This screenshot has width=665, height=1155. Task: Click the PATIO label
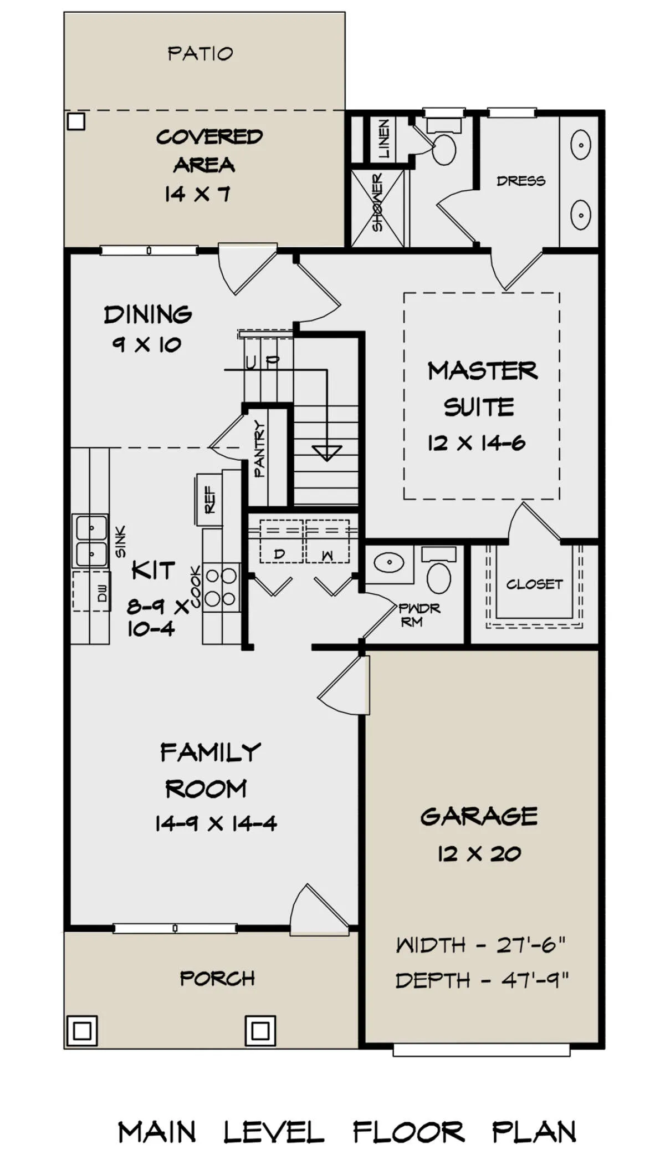tap(200, 53)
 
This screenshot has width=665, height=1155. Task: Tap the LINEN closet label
tap(383, 138)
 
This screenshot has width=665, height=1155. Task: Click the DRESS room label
tap(520, 181)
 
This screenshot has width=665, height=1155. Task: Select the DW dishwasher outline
tap(91, 591)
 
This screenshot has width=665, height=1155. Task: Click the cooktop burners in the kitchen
tap(221, 587)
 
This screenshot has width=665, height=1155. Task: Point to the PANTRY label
tap(259, 449)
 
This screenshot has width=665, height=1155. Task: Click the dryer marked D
tap(282, 541)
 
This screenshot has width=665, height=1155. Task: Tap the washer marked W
tap(328, 541)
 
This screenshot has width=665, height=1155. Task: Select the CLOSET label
tap(534, 584)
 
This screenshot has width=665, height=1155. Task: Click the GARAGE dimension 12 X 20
tap(479, 853)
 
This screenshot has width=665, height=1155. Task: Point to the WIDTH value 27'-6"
tap(531, 944)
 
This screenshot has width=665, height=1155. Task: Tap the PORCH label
tap(217, 979)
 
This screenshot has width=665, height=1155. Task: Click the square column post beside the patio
tap(76, 121)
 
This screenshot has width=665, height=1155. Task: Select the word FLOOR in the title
tap(408, 1132)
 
